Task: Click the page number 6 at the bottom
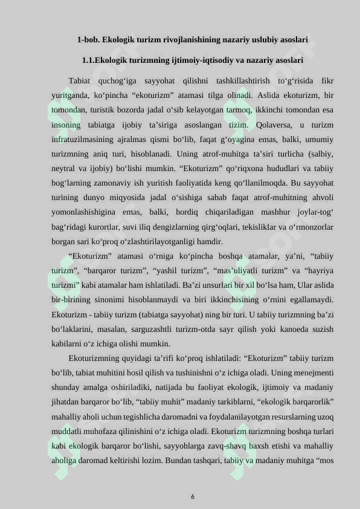192,496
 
